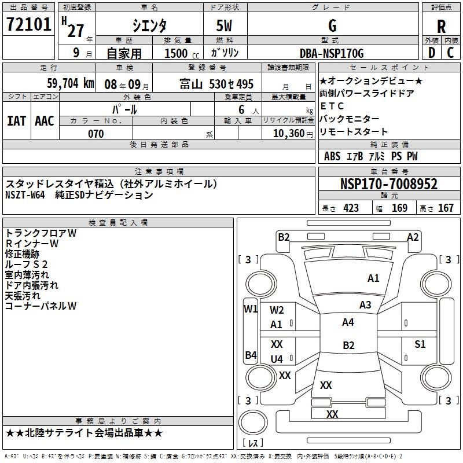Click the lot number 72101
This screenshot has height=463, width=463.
coord(28,25)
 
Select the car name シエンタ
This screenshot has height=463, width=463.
coord(149,26)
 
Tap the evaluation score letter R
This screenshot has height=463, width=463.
coord(442,27)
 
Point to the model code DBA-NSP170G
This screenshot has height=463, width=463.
coord(332,53)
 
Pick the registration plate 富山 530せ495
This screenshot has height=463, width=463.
coord(216,84)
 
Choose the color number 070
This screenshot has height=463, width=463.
coord(96,134)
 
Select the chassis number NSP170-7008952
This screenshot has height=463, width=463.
coord(389,184)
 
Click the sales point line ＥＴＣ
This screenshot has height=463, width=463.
coord(332,106)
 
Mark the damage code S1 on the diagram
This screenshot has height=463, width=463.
coord(420,344)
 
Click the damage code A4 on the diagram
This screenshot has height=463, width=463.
coord(348,322)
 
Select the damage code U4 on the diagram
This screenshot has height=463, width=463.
coord(277,359)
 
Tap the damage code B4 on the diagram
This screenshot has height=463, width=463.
coord(251,355)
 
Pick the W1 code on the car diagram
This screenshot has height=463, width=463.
coord(251,308)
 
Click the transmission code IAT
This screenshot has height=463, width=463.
coord(17,121)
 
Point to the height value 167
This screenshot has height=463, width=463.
coord(446,208)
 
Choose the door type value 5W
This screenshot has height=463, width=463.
coord(225,26)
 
